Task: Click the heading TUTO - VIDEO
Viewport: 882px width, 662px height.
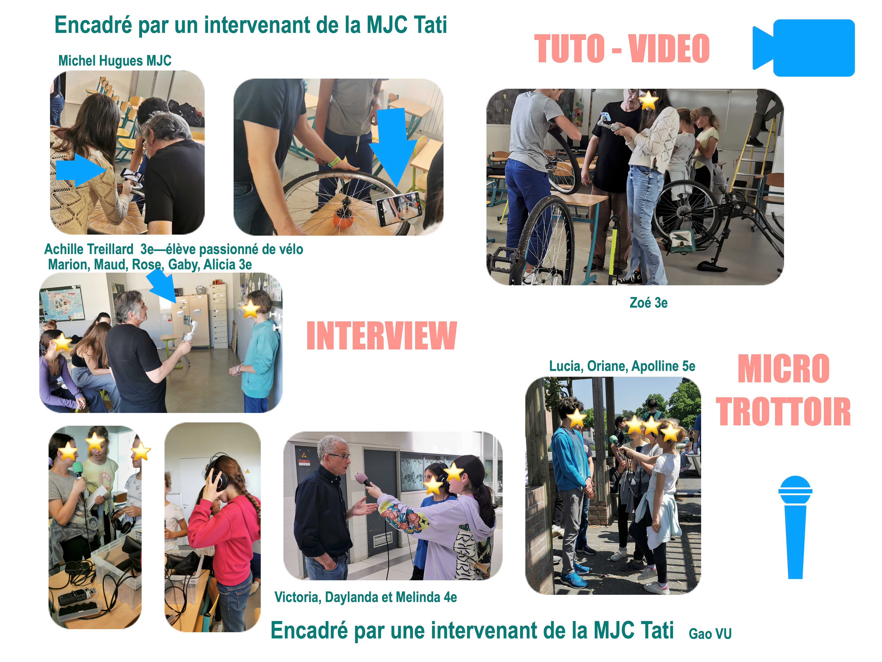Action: click(622, 49)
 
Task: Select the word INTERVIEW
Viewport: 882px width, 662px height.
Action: click(382, 336)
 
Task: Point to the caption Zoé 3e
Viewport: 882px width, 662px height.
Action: click(648, 303)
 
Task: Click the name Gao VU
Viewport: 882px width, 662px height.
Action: click(710, 634)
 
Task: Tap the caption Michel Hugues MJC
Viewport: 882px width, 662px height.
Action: click(115, 61)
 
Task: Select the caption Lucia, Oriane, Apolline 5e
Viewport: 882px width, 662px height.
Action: click(622, 366)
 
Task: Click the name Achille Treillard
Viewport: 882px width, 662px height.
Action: click(88, 249)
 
